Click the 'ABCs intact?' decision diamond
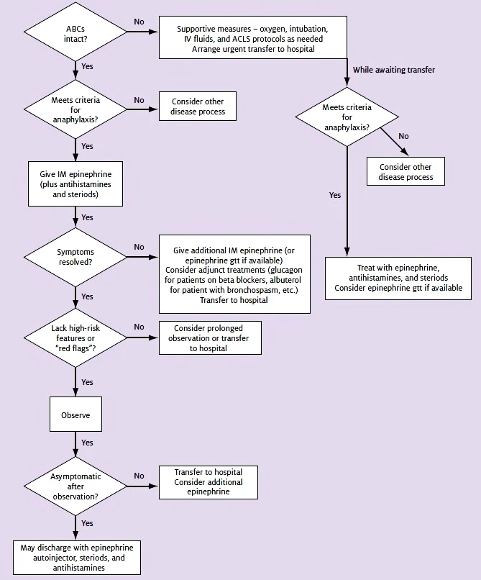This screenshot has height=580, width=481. (75, 32)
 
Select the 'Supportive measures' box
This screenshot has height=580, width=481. (253, 37)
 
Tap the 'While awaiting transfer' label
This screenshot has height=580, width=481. (394, 70)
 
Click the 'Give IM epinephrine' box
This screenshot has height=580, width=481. (75, 183)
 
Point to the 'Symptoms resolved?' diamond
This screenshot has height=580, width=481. (75, 257)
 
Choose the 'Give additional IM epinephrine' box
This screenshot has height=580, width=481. (234, 274)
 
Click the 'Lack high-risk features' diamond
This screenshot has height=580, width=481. (75, 337)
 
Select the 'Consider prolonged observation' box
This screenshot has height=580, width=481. (210, 337)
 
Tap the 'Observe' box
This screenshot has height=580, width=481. (75, 414)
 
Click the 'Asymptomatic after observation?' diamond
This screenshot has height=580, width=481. (75, 486)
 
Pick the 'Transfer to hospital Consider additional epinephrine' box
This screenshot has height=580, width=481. (209, 482)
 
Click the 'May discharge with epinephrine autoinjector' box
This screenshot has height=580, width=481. (77, 558)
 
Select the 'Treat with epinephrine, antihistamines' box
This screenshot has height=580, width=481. (398, 278)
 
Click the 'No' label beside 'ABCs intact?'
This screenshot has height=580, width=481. (139, 22)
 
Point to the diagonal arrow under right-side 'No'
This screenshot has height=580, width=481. (395, 142)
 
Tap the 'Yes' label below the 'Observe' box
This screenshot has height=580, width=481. (87, 443)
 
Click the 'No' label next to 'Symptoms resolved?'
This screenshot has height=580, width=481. (139, 247)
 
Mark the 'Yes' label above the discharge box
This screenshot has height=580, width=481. (87, 523)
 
